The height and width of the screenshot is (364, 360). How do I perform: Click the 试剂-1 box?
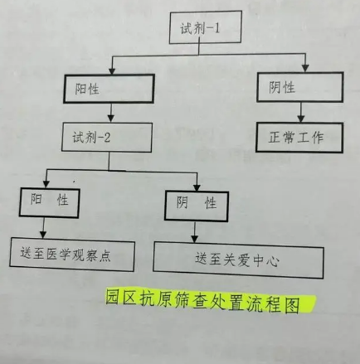tap(206, 27)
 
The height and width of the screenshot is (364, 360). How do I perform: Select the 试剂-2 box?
tap(107, 138)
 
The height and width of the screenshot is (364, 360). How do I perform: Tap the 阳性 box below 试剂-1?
tap(109, 89)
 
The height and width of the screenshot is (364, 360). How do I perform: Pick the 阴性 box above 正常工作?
tap(300, 87)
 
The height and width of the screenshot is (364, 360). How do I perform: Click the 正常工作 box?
tap(299, 138)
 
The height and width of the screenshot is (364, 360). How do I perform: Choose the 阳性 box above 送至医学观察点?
tap(50, 203)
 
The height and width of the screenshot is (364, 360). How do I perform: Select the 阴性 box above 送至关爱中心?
tap(197, 206)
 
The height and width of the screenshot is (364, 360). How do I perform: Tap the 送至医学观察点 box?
tap(72, 255)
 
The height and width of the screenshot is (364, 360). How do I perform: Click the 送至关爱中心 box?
tap(238, 260)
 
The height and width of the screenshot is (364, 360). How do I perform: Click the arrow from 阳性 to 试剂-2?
tap(111, 113)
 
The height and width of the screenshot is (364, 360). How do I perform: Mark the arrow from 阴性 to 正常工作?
tap(301, 112)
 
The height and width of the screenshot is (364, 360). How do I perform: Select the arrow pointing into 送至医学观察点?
tap(43, 228)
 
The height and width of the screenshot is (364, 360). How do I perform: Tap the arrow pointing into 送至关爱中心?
tap(195, 232)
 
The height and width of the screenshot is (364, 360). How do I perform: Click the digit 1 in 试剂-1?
tap(216, 28)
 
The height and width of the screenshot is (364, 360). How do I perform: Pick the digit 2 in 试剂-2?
tap(107, 138)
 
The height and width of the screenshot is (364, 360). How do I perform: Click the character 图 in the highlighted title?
tap(292, 305)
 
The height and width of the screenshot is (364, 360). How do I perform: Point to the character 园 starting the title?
tap(113, 297)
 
